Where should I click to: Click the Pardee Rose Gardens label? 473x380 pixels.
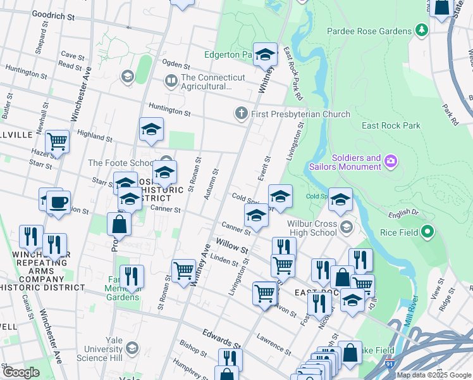coord(369,30)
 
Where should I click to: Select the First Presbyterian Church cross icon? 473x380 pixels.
coord(240,114)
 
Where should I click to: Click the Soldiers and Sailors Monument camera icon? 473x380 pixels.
coord(390,162)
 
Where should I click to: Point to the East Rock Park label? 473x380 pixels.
coord(391,125)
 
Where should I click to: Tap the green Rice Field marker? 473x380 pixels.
coord(427,232)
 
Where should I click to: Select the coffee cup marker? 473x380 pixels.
coord(59,202)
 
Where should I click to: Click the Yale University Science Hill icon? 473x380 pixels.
coord(132,348)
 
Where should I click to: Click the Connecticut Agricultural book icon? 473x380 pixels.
coord(171,81)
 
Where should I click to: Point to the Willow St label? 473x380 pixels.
coord(231,246)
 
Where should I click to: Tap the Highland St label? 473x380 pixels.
coord(94,135)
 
